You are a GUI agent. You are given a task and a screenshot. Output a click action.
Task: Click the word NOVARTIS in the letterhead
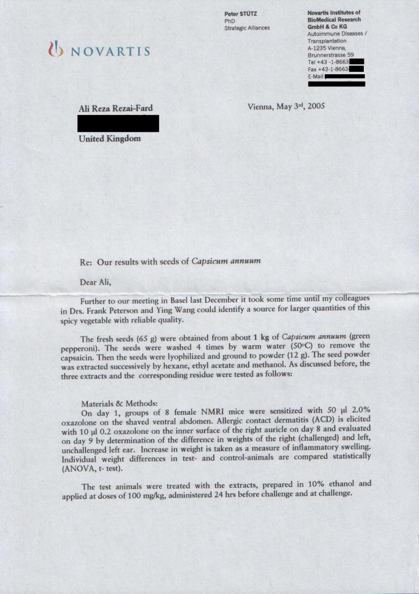(110, 51)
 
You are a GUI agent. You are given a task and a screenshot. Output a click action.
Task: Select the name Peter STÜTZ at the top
(242, 13)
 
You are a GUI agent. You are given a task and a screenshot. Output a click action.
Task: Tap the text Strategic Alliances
(247, 27)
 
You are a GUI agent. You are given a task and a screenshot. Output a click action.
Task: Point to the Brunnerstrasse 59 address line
(331, 55)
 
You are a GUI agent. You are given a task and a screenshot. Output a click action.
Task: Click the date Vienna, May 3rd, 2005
(286, 106)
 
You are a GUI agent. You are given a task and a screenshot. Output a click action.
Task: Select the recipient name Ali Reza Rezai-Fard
(116, 108)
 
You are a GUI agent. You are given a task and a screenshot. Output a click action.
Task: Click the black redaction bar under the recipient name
(118, 123)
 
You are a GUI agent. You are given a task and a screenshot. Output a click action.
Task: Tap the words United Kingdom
(109, 139)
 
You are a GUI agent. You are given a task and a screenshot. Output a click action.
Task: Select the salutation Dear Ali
(94, 282)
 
